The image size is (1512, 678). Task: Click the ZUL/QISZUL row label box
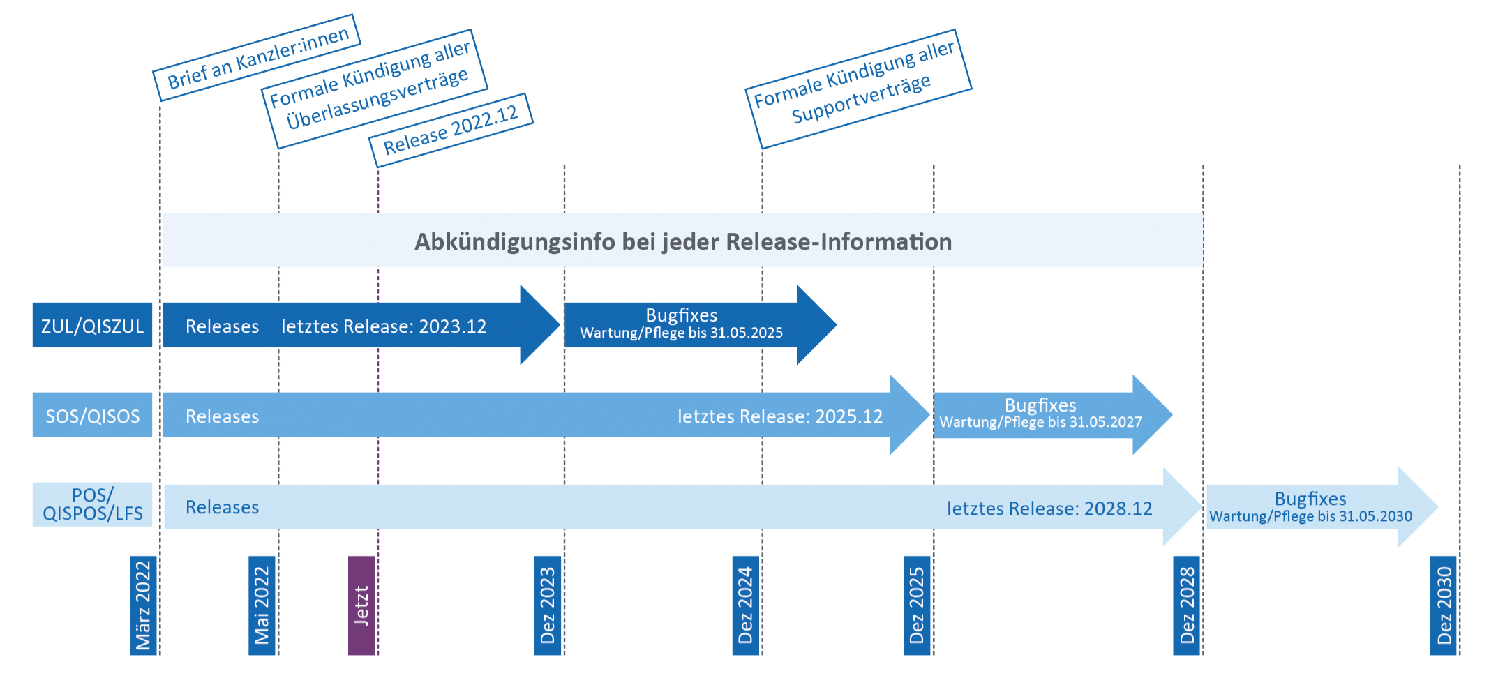click(x=92, y=325)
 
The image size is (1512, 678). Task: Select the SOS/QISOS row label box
click(x=92, y=415)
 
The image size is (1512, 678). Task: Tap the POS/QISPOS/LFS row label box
click(x=92, y=504)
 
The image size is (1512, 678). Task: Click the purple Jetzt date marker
click(x=361, y=605)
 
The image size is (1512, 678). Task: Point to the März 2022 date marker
click(x=143, y=605)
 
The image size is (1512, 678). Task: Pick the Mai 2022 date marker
click(x=262, y=605)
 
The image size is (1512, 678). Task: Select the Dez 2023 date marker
click(x=548, y=605)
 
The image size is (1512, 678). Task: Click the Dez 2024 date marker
click(x=746, y=605)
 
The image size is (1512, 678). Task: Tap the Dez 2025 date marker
click(x=917, y=605)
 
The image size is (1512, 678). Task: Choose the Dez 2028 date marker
click(x=1187, y=605)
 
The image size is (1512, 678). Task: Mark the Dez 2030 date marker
click(x=1444, y=605)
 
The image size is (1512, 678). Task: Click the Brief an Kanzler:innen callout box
click(x=257, y=58)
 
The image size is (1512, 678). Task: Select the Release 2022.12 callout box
click(x=451, y=130)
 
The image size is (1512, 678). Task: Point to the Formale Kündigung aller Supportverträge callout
click(x=858, y=89)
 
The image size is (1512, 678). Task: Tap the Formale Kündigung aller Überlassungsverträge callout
click(x=374, y=89)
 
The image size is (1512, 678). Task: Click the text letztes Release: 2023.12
click(x=384, y=326)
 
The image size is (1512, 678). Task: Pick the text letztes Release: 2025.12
click(x=780, y=416)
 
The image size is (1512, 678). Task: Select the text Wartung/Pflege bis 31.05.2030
click(x=1310, y=516)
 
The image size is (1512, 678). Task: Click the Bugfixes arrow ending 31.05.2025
click(x=700, y=325)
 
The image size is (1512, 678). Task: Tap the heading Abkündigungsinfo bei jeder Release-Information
click(x=683, y=241)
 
